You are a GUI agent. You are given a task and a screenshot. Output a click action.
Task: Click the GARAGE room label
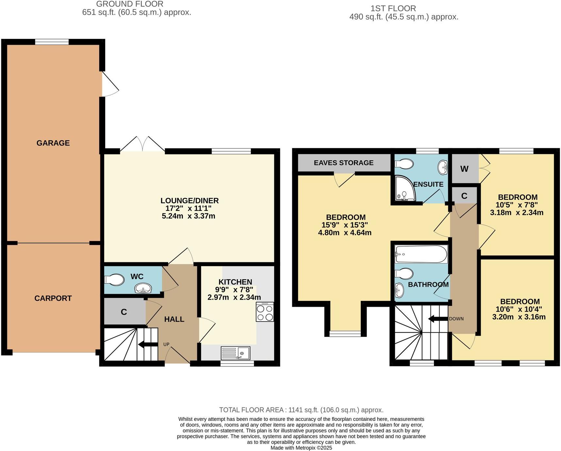click(53, 143)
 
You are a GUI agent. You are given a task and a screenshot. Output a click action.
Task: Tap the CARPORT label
click(53, 298)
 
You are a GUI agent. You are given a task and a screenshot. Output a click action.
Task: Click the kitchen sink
click(235, 353)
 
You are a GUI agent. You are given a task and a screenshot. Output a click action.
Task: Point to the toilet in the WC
click(114, 280)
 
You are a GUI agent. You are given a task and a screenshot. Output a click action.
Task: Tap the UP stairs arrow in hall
click(148, 344)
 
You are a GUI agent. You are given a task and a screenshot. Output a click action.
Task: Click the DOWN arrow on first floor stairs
click(438, 319)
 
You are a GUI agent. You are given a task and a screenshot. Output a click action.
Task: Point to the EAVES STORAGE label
click(344, 163)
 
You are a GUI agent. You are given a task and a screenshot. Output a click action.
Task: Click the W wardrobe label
click(464, 169)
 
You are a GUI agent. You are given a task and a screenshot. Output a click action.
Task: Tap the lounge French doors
click(143, 145)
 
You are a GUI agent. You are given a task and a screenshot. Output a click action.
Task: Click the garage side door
click(109, 84)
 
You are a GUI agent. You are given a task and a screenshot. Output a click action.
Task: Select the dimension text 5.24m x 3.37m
click(188, 216)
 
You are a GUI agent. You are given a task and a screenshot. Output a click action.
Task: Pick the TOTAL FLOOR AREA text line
click(301, 410)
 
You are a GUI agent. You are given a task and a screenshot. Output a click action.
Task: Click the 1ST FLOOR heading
click(393, 8)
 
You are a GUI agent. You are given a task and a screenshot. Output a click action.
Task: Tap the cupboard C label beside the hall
click(124, 312)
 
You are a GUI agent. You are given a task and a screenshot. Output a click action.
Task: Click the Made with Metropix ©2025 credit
click(301, 448)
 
